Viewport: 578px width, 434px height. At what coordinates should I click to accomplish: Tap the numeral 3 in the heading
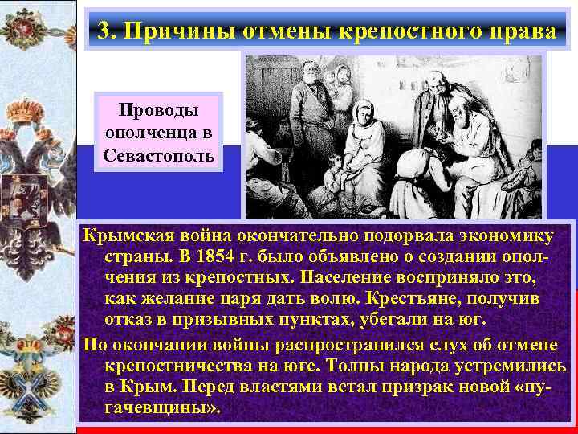103,31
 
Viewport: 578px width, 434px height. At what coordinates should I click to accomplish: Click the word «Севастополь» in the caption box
159,154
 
